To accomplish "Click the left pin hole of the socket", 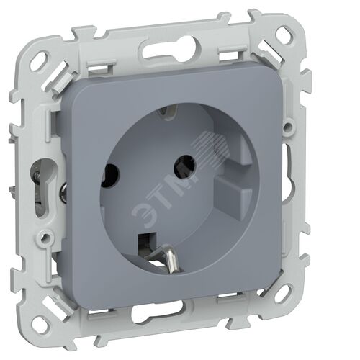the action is [x=110, y=175].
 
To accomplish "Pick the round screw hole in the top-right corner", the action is [x=287, y=35].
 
